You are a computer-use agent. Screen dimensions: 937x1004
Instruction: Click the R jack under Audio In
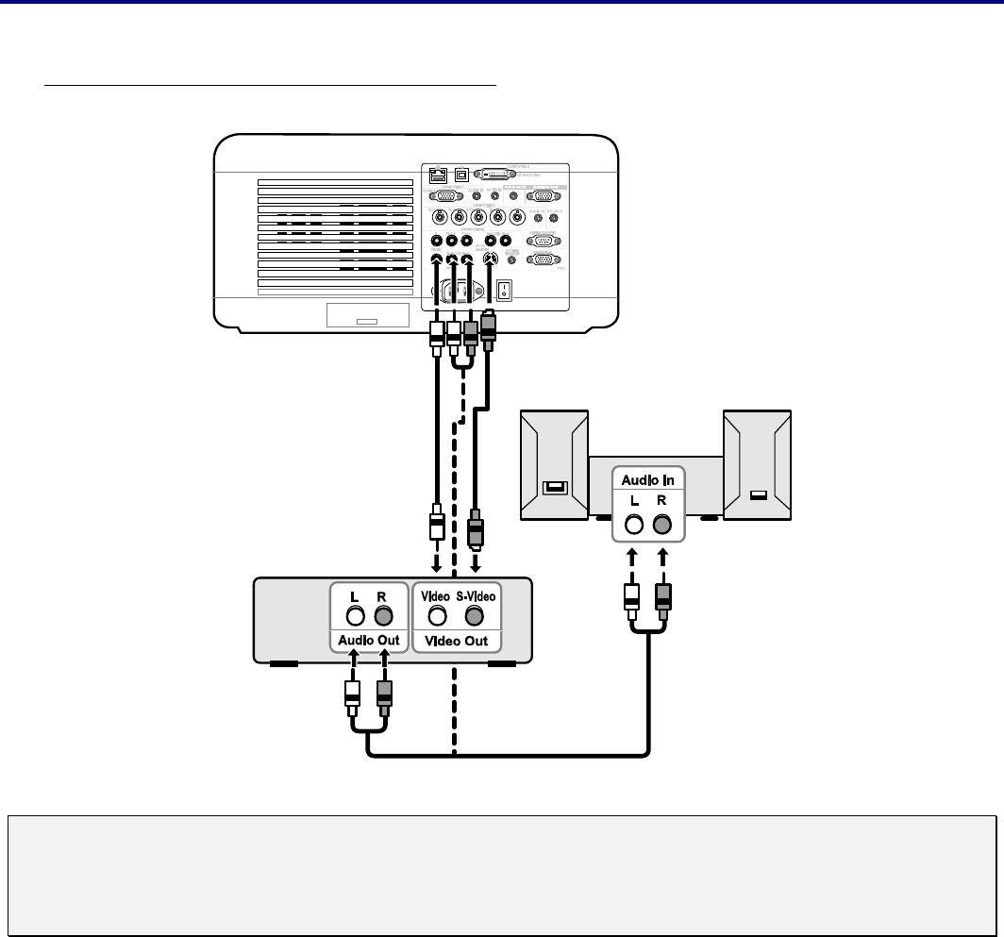(x=663, y=526)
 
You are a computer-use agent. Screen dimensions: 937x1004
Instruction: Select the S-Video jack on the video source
(x=474, y=616)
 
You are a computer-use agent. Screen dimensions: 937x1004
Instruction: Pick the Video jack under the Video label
(x=437, y=616)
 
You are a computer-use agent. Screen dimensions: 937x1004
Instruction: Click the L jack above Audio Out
(x=355, y=616)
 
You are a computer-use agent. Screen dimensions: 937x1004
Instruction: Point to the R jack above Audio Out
(x=383, y=616)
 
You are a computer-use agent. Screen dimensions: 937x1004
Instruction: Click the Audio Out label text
(x=369, y=640)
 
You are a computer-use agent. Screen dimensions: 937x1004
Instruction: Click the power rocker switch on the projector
(x=505, y=289)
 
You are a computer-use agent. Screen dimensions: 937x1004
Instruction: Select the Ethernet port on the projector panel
(x=438, y=175)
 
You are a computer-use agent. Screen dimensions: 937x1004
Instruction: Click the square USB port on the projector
(x=462, y=175)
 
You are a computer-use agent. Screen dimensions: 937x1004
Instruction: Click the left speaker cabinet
(x=555, y=464)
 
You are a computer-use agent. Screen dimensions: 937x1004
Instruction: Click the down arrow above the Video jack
(x=436, y=563)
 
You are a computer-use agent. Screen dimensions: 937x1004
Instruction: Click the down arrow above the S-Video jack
(x=476, y=563)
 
